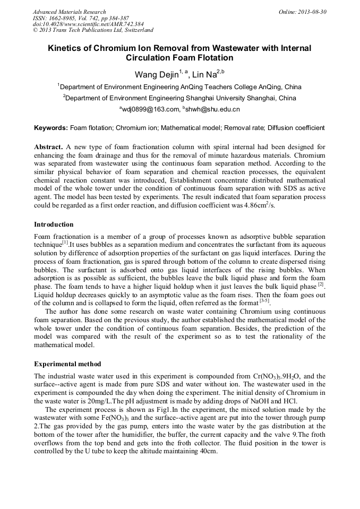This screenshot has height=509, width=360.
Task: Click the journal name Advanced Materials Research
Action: pos(69,12)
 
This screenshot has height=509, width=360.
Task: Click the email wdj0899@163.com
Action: pos(150,109)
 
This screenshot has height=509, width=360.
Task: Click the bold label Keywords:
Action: pos(51,128)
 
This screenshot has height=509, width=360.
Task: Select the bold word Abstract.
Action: pos(48,146)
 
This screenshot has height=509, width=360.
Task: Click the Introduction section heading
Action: pos(54,225)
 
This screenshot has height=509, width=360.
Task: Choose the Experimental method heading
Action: pos(68,364)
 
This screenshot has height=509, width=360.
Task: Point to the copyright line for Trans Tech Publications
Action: pos(93,30)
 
